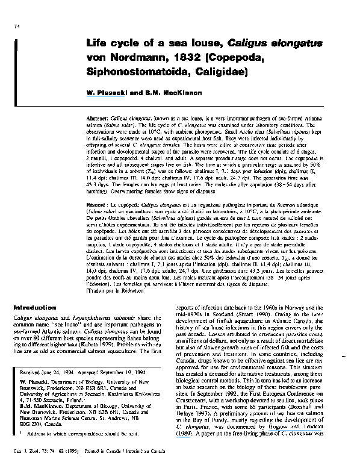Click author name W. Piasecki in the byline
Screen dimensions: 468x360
click(107, 93)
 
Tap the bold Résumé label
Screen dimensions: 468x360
click(98, 205)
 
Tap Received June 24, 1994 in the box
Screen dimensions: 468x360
click(45, 373)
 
